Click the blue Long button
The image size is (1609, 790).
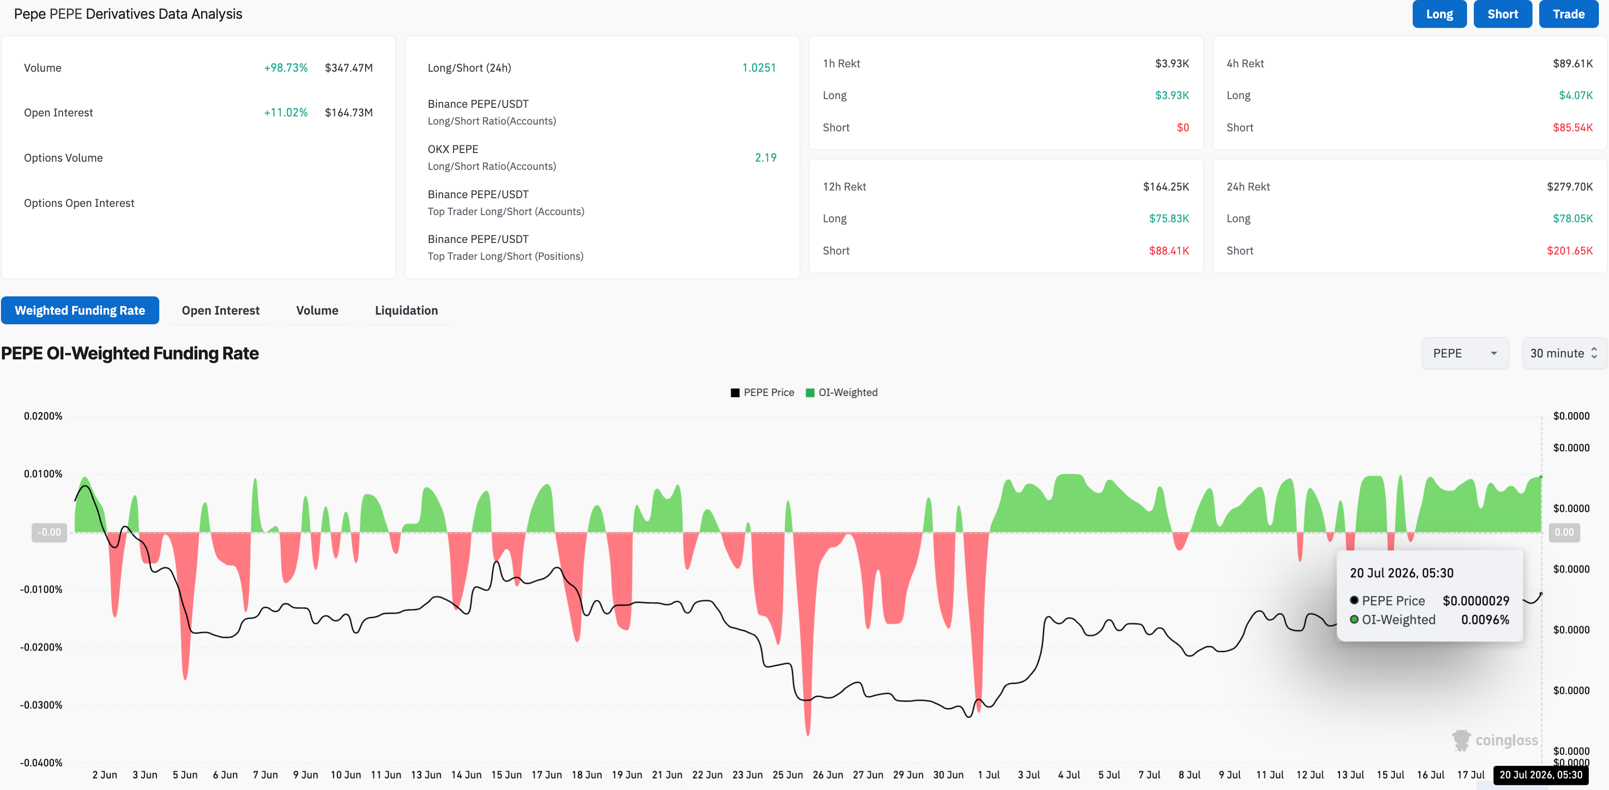pos(1439,14)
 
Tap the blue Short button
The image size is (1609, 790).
pos(1502,14)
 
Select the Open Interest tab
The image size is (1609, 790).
pos(220,310)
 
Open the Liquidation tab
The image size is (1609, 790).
pos(406,310)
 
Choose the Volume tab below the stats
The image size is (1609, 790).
pos(317,310)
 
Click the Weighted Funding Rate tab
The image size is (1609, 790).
pos(80,310)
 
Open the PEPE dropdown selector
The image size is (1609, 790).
pos(1465,354)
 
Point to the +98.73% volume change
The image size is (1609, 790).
pos(285,68)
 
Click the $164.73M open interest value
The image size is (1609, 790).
pos(348,113)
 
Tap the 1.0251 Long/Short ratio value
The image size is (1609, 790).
pos(759,68)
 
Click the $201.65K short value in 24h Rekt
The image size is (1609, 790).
pos(1570,251)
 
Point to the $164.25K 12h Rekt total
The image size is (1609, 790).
pos(1165,187)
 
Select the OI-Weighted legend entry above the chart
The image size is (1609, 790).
pos(842,393)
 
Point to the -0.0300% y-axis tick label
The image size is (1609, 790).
pos(41,705)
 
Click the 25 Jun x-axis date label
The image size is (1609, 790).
pos(787,775)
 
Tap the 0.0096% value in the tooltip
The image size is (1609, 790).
pos(1485,620)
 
